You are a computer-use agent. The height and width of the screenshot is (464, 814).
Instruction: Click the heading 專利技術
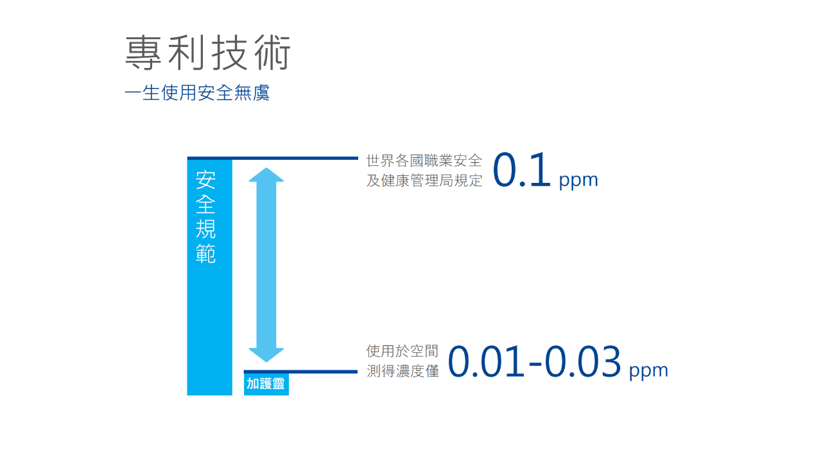[x=208, y=53]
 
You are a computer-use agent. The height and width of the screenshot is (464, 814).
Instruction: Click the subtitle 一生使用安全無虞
[x=197, y=92]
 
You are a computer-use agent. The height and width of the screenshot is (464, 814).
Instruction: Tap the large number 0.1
[x=521, y=170]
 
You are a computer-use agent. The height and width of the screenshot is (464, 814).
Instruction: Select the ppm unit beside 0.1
[x=578, y=180]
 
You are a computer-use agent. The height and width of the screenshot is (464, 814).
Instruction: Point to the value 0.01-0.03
[x=534, y=361]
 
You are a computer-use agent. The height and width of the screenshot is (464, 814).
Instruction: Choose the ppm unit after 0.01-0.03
[x=648, y=371]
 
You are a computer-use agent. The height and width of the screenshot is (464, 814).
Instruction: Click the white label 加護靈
[x=266, y=384]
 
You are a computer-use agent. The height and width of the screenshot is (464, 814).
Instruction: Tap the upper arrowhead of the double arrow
[x=266, y=175]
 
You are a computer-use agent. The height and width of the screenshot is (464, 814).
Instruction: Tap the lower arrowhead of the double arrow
[x=266, y=355]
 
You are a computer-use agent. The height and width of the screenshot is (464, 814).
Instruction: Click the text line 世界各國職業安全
[x=424, y=160]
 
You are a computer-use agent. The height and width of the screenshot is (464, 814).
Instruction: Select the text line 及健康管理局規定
[x=424, y=180]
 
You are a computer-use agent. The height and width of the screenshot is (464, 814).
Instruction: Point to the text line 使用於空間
[x=403, y=351]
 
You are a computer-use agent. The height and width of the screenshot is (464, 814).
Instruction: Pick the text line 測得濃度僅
[x=403, y=371]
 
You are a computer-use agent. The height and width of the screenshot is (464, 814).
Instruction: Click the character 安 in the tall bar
[x=205, y=180]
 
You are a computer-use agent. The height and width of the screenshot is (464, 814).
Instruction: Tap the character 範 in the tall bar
[x=205, y=253]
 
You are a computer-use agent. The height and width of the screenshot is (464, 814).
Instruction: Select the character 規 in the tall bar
[x=205, y=229]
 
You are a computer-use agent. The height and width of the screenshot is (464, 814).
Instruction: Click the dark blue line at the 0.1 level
[x=273, y=158]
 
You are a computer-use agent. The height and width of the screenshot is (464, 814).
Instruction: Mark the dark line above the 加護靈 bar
[x=300, y=372]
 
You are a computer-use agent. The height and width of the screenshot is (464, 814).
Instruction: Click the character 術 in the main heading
[x=273, y=53]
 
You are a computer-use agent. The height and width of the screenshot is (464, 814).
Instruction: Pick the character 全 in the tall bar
[x=205, y=204]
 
